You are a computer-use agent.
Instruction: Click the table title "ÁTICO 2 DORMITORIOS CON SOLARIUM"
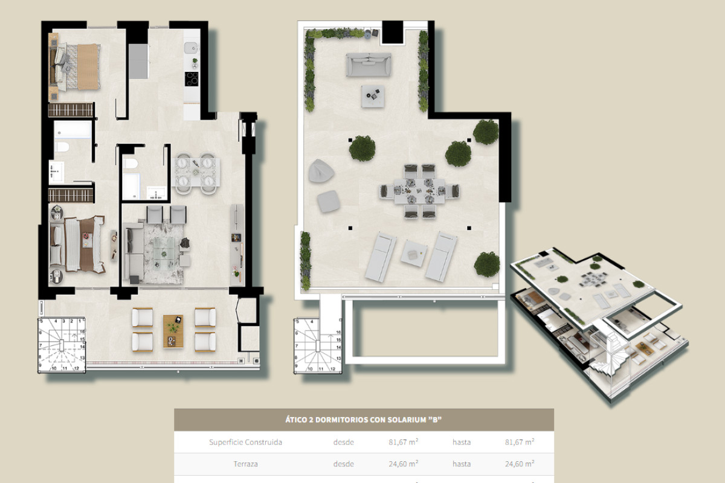point(364,420)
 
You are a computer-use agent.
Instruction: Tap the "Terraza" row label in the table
point(245,464)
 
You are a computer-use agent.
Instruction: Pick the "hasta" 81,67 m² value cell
point(519,442)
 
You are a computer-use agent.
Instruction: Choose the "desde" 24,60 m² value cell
point(403,464)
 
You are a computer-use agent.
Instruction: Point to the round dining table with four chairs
point(197,172)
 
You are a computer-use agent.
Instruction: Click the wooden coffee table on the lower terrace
point(173,331)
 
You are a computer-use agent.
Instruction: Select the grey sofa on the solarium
point(369,65)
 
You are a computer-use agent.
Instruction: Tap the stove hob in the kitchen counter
point(192,79)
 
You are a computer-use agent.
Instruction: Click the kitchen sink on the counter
point(191,47)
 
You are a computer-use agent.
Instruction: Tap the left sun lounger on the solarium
point(381,257)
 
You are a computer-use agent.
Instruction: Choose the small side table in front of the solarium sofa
point(373,95)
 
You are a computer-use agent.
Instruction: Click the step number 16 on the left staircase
point(82,331)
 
